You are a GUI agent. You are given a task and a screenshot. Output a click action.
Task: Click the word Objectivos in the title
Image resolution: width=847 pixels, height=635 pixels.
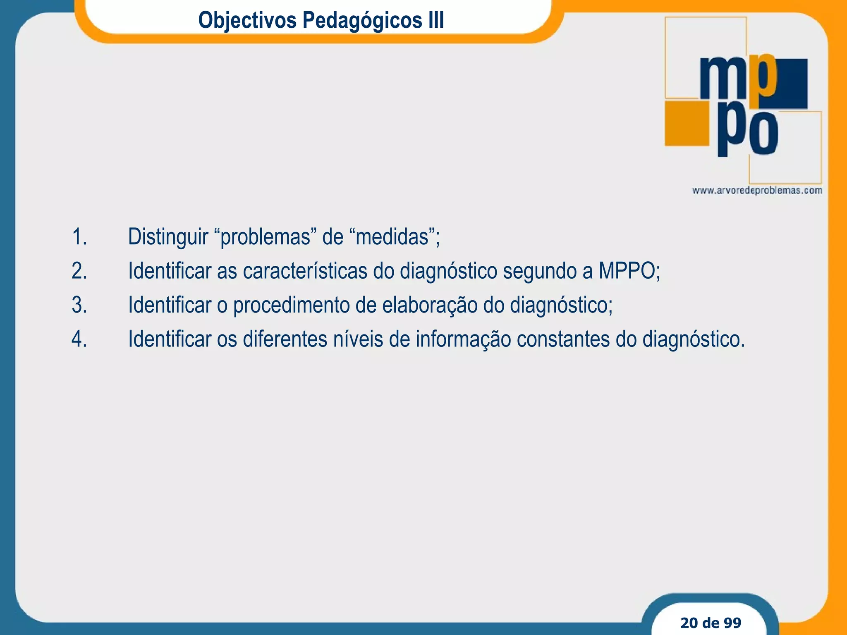[247, 20]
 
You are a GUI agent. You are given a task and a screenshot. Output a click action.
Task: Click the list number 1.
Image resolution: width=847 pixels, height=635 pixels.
[79, 237]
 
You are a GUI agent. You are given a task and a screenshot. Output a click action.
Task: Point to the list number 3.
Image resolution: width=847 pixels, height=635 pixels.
[79, 306]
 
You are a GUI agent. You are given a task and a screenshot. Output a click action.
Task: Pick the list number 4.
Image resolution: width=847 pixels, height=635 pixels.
[79, 339]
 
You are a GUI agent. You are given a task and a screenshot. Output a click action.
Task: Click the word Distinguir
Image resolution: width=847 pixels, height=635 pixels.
[168, 237]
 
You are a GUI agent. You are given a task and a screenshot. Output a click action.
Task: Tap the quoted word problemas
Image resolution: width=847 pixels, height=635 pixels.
[265, 237]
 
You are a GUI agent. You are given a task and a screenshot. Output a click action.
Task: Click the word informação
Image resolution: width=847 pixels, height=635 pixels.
[463, 339]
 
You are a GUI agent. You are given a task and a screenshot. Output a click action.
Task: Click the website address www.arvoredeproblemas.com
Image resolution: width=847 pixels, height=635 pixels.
[757, 191]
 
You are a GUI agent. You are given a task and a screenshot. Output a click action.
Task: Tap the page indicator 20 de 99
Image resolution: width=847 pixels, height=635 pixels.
[711, 623]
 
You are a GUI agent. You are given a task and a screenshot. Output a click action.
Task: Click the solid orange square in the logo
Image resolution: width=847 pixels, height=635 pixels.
[687, 123]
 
